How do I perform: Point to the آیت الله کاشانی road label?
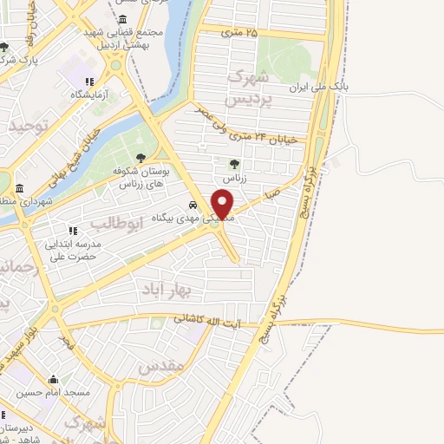(x=213, y=322)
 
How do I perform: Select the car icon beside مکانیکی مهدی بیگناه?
(x=192, y=206)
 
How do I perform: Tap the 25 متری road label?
(x=239, y=33)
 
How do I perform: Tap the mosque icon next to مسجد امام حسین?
(x=54, y=380)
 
